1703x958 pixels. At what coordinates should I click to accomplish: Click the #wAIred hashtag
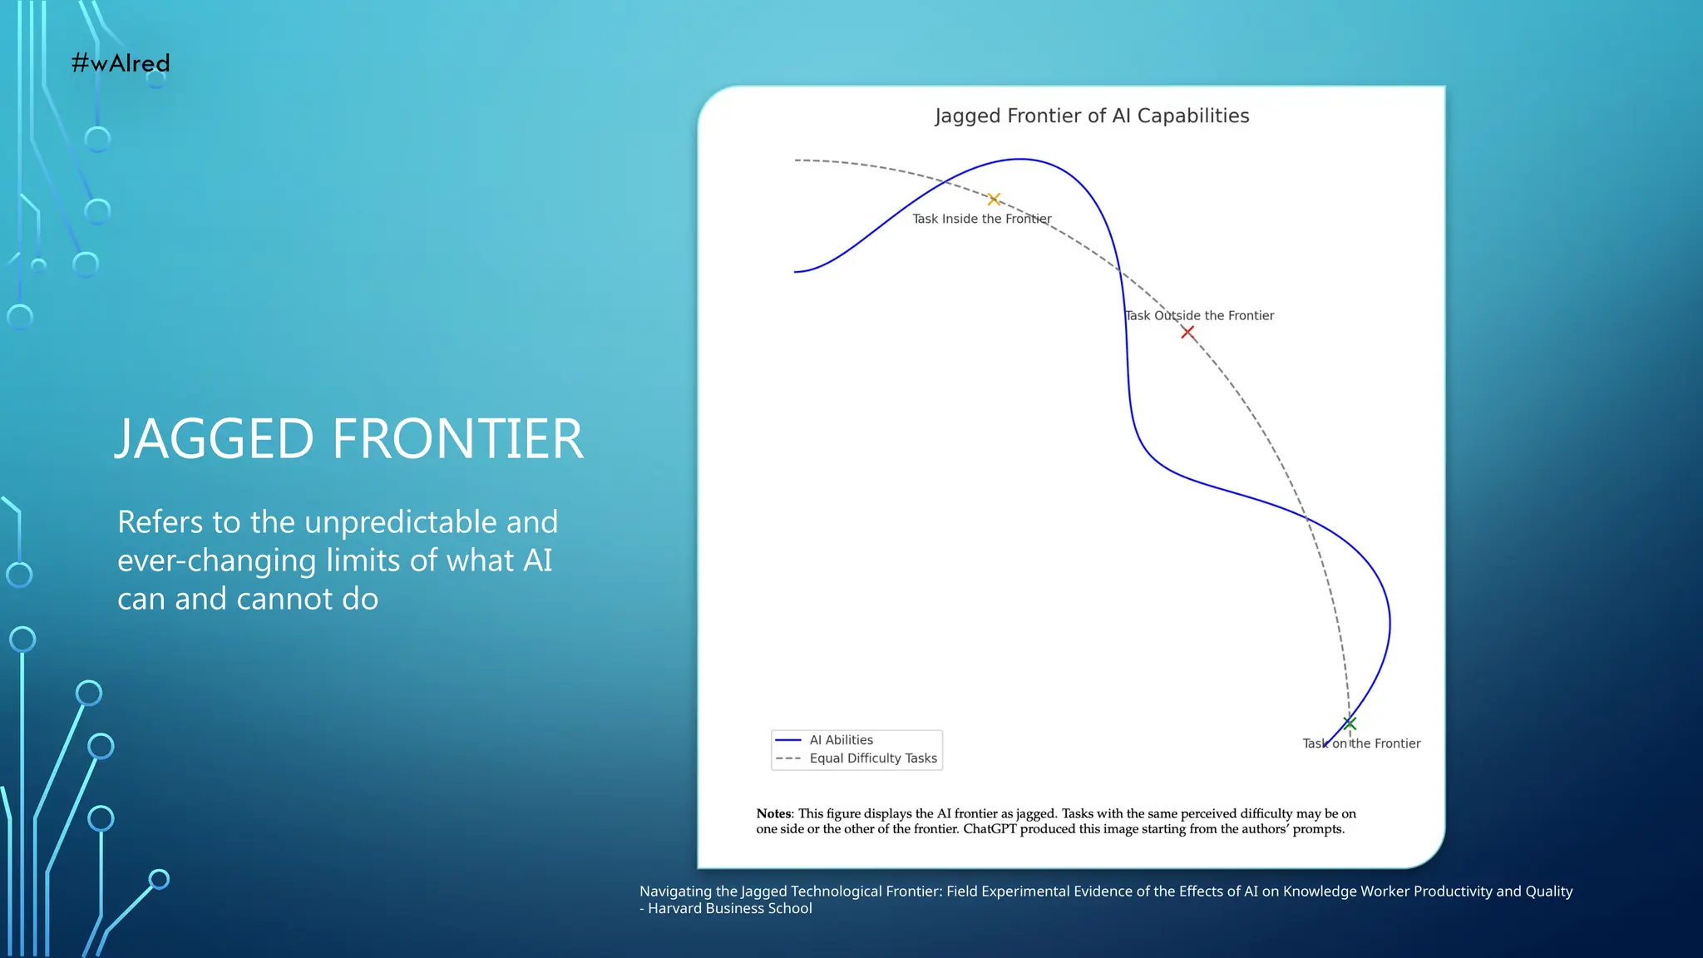tap(121, 63)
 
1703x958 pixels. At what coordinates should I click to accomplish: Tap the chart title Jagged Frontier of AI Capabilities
tap(1091, 116)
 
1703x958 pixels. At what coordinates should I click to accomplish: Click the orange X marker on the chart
tap(994, 200)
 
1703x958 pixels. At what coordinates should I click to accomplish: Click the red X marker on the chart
tap(1187, 333)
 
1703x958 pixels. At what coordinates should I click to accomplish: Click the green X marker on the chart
tap(1350, 723)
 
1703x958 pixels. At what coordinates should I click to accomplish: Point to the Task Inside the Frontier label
tap(981, 219)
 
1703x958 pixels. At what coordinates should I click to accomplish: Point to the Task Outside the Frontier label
tap(1199, 315)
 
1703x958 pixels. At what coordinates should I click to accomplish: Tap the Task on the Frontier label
tap(1361, 743)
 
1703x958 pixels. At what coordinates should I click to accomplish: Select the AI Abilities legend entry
tap(841, 740)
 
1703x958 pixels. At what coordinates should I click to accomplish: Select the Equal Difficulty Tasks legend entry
tap(872, 758)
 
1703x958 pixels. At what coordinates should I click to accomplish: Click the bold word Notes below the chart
tap(774, 814)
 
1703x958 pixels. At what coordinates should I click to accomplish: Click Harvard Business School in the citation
tap(730, 909)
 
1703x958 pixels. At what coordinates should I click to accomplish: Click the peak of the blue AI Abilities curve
tap(1020, 159)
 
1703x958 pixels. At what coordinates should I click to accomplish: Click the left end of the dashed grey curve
tap(797, 160)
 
